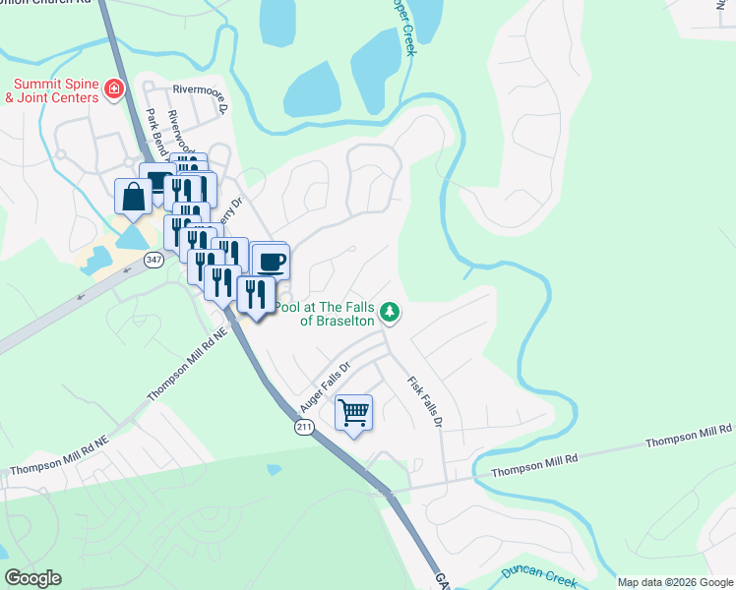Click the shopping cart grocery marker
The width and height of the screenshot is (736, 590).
(353, 412)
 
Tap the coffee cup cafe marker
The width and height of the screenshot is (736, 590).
(271, 262)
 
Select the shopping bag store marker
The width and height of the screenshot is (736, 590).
(134, 196)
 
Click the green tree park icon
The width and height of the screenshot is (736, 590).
(391, 312)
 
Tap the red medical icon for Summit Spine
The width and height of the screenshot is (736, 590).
(114, 89)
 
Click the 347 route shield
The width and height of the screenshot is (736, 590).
(153, 260)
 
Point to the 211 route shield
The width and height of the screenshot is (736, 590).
(303, 427)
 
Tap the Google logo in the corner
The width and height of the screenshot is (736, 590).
(32, 578)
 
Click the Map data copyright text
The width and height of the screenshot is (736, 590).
(675, 582)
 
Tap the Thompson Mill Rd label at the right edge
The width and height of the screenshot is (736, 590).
(689, 437)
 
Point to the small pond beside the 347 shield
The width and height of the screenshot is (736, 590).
(130, 236)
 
